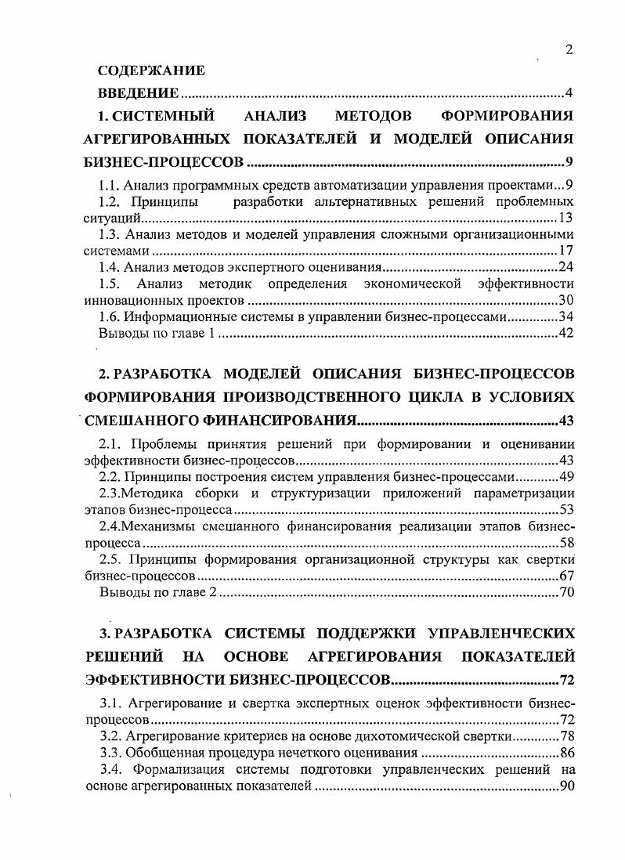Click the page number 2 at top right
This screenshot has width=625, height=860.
[x=569, y=50]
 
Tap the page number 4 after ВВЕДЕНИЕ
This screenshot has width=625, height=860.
[x=570, y=94]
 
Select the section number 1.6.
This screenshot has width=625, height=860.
[x=109, y=317]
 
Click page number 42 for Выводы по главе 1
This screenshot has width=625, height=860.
[x=567, y=334]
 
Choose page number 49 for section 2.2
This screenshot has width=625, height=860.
[x=567, y=477]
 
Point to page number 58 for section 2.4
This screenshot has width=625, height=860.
[x=567, y=542]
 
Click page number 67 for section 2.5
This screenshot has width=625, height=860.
[x=567, y=576]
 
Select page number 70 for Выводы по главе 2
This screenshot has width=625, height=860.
[x=567, y=592]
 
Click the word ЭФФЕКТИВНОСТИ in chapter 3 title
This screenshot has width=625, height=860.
[x=158, y=678]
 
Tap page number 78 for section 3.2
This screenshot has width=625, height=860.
[x=567, y=737]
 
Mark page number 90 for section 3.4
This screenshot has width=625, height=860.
[x=567, y=786]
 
